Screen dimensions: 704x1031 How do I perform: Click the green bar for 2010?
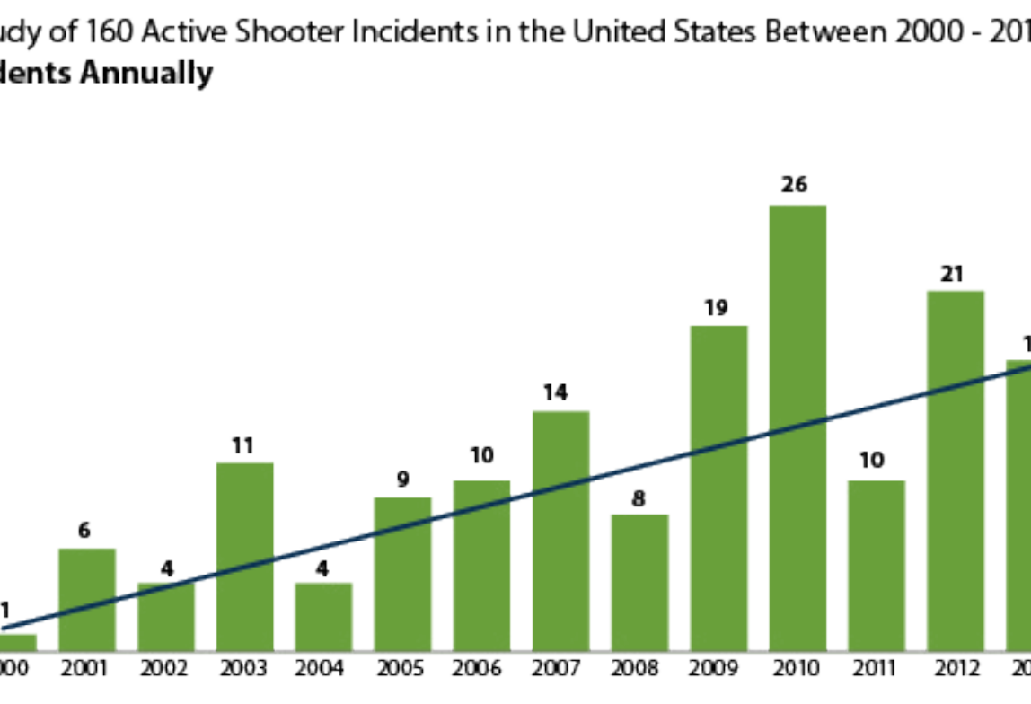pyautogui.click(x=797, y=427)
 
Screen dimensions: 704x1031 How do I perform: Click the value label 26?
pyautogui.click(x=795, y=185)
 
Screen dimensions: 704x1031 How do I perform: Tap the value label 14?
pyautogui.click(x=560, y=392)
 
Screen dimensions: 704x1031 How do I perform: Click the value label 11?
pyautogui.click(x=243, y=444)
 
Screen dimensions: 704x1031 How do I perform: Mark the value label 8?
pyautogui.click(x=639, y=496)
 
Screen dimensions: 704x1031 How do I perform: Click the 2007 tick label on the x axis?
pyautogui.click(x=560, y=669)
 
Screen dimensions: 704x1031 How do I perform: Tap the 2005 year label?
pyautogui.click(x=401, y=669)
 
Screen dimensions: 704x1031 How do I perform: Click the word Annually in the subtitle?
pyautogui.click(x=147, y=74)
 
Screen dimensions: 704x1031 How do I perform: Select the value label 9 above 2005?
pyautogui.click(x=402, y=479)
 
